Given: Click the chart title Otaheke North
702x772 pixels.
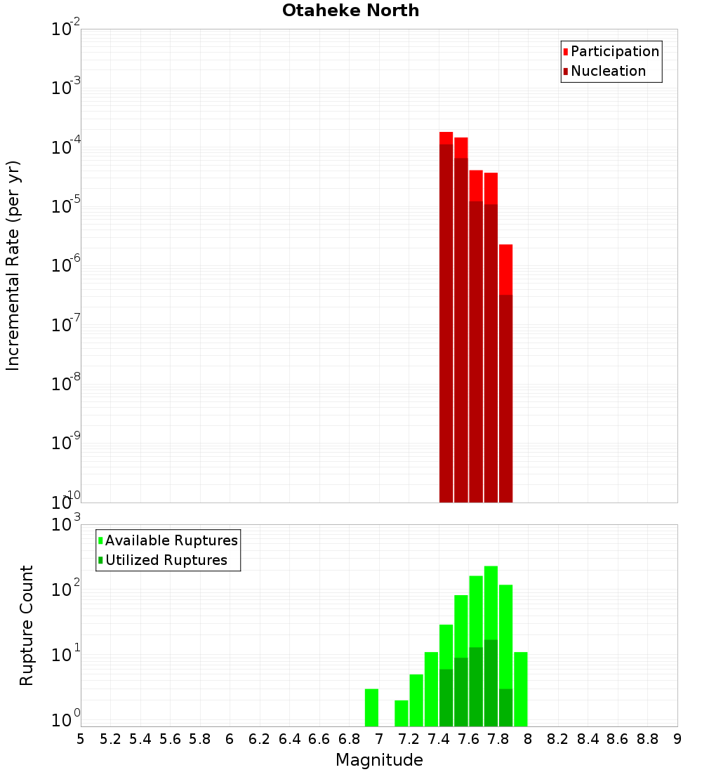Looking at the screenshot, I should (350, 11).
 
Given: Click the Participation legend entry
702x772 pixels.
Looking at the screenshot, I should (615, 51).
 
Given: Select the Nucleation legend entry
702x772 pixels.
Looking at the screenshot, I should (608, 71).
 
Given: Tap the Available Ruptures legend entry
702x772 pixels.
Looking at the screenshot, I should (171, 540).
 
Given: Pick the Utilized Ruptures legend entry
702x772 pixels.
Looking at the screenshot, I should (166, 560).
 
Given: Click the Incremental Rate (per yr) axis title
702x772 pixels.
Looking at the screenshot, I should (13, 266).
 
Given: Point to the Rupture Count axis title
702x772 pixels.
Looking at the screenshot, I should (27, 625).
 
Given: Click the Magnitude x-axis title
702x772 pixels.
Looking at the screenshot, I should (379, 760).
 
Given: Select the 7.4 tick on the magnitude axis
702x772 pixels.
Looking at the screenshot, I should (439, 739).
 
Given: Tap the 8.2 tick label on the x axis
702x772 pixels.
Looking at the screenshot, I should (558, 739).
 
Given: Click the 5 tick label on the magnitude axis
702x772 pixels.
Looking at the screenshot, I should (81, 739).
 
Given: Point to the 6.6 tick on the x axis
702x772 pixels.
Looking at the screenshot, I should (319, 739).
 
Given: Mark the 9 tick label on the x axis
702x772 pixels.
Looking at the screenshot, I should (677, 739).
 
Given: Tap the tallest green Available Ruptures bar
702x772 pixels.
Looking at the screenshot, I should (491, 604).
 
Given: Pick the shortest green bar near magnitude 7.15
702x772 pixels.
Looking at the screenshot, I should (402, 713).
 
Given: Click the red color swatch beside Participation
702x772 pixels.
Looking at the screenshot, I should (565, 51).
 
